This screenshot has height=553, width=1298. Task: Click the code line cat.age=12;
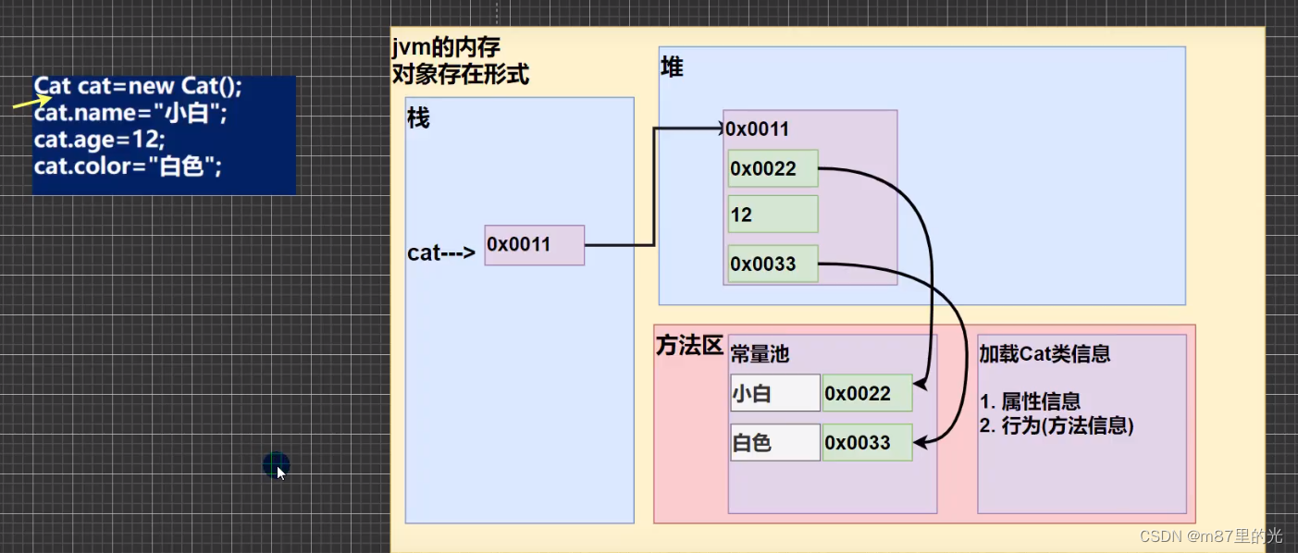99,140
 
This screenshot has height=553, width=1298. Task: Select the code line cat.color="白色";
128,166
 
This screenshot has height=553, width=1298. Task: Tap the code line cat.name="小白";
130,114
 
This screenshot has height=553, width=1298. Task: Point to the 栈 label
418,119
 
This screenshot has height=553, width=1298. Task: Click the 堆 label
672,68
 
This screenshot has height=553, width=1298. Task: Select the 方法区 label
688,346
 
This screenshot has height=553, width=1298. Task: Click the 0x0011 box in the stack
534,245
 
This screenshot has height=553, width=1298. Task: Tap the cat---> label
441,252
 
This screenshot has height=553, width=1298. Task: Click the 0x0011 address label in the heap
758,129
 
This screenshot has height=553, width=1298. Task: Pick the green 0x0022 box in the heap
773,168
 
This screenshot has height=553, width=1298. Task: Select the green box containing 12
773,215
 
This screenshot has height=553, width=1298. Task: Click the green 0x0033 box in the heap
773,264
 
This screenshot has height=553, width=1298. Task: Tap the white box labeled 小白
774,393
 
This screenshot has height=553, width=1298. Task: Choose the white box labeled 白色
774,443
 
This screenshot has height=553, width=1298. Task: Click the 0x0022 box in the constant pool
867,393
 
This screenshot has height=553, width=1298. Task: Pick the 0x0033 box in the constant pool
867,443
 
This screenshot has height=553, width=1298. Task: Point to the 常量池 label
760,354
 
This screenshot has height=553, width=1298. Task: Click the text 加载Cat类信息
1045,353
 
